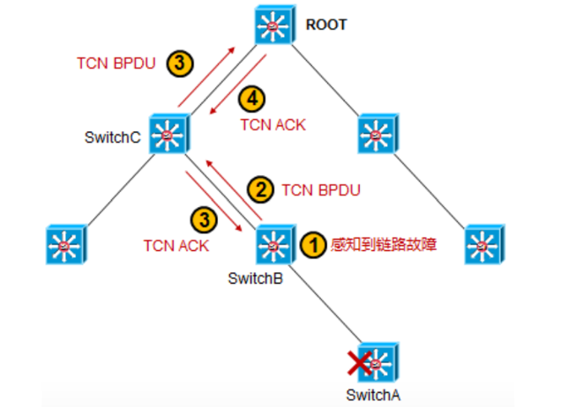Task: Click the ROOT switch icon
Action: coord(273,27)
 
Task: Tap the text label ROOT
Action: coord(326,25)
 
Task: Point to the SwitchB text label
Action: coord(255,278)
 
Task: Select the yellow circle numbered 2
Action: coord(258,189)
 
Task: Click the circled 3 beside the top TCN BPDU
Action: coord(179,63)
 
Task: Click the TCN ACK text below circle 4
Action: coord(273,124)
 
